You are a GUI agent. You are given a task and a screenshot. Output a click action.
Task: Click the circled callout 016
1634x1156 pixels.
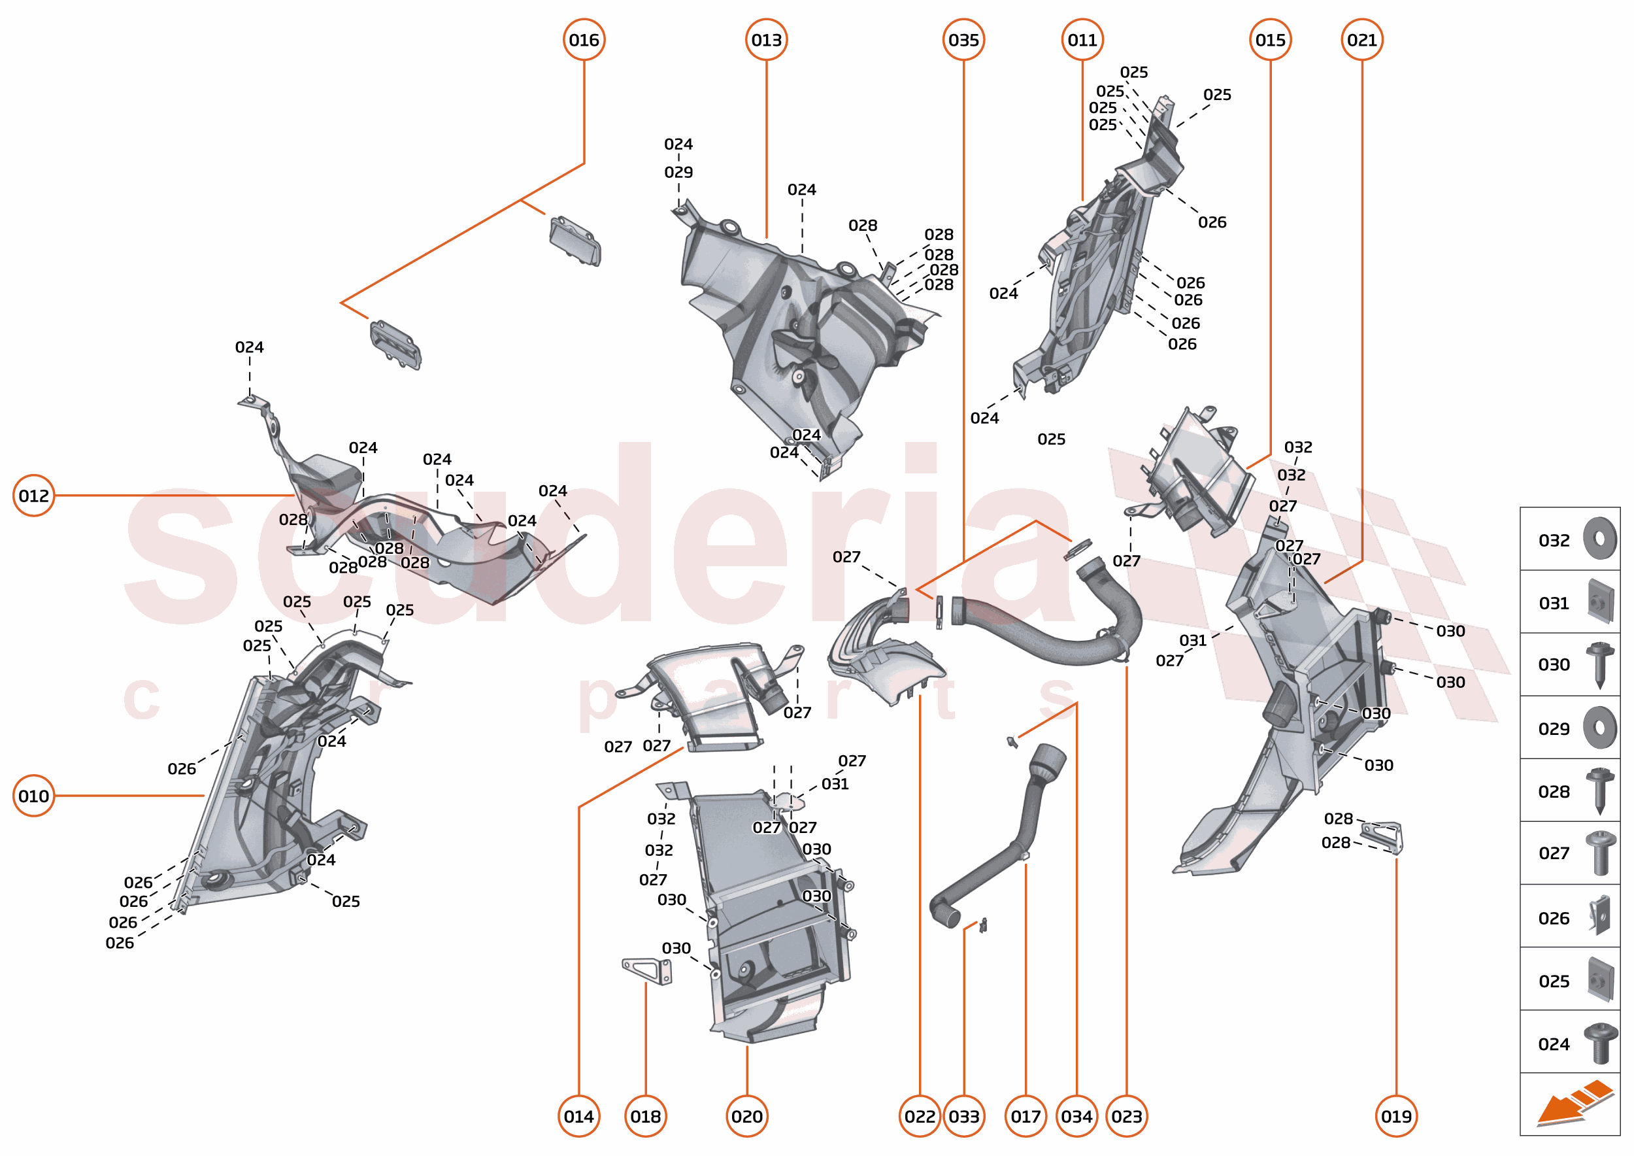click(x=584, y=40)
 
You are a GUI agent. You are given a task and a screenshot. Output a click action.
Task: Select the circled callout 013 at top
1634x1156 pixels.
click(x=767, y=40)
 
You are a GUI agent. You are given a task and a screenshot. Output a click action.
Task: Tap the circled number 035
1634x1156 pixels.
click(x=963, y=40)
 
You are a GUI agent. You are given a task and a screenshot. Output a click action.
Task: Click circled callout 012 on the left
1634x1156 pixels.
click(x=33, y=496)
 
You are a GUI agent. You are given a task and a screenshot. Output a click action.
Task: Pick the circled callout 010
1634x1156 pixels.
click(x=33, y=796)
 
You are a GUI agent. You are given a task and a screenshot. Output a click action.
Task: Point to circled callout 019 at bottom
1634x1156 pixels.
click(x=1395, y=1116)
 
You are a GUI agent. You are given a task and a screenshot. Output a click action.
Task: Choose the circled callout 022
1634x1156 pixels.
click(x=920, y=1116)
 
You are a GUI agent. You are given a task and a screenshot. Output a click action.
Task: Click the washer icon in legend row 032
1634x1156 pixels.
click(x=1599, y=539)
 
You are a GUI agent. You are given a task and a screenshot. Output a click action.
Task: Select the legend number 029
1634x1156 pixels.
click(x=1554, y=729)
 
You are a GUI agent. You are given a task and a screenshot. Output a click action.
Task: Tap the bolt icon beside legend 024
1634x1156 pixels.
click(x=1601, y=1043)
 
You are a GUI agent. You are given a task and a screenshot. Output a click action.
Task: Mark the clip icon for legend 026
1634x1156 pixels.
click(x=1599, y=917)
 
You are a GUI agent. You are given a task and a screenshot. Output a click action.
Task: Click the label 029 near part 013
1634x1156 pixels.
click(x=678, y=172)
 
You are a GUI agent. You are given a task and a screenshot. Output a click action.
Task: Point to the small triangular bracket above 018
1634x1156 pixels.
click(x=647, y=970)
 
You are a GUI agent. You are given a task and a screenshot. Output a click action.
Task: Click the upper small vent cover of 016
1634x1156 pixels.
click(x=575, y=241)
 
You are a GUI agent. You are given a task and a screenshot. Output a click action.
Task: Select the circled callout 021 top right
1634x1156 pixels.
click(x=1361, y=40)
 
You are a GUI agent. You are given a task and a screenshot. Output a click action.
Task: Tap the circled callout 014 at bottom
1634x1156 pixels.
click(x=578, y=1116)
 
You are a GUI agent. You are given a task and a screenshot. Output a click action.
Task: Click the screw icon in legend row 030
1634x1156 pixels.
click(x=1599, y=664)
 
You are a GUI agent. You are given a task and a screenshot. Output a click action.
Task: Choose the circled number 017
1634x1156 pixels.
click(x=1025, y=1116)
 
